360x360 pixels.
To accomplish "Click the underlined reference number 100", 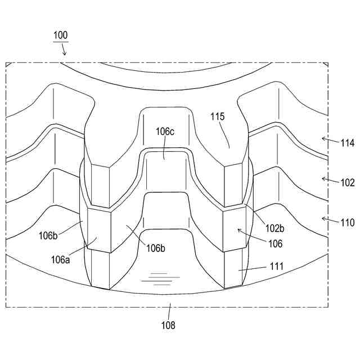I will (61, 35).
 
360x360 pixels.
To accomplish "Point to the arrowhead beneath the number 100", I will (65, 54).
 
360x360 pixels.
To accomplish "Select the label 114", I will (347, 143).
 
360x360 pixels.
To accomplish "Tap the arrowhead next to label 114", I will (322, 137).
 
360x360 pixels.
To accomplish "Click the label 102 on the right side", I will (347, 182).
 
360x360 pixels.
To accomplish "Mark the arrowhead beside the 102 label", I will (322, 178).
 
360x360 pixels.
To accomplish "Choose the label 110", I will (347, 222).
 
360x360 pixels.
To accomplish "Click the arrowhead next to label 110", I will (322, 218).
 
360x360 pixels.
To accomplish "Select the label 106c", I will (165, 131).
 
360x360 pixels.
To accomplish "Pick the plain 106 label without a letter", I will (276, 244).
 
